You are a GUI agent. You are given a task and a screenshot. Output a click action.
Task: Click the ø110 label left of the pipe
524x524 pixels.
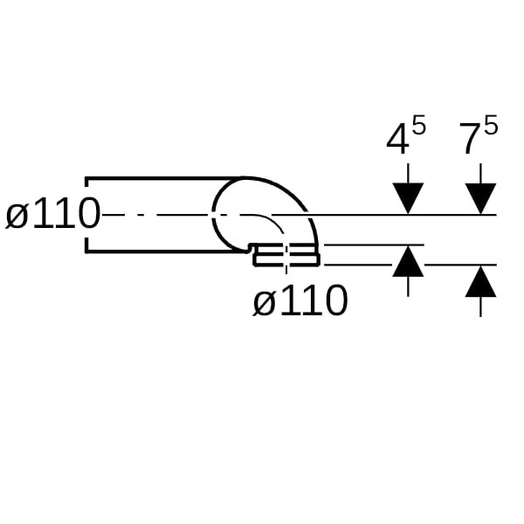point(52,215)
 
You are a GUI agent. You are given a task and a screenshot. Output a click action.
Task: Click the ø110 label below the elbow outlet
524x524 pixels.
point(300,302)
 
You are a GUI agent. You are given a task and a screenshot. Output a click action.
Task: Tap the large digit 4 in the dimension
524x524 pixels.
point(397,140)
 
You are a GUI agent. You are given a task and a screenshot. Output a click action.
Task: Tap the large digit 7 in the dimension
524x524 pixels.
point(469,140)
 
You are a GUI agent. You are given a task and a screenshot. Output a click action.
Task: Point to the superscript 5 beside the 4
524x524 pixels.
point(418,126)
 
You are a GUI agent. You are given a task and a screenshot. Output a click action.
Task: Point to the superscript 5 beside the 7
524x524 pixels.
point(490,126)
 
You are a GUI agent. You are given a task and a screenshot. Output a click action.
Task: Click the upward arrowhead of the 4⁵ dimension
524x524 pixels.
point(408,262)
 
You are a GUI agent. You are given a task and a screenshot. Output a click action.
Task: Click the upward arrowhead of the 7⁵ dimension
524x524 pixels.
point(480,282)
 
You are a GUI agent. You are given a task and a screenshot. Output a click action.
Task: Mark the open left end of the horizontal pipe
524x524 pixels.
point(86,215)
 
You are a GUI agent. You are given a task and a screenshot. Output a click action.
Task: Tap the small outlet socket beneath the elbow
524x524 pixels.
point(286,257)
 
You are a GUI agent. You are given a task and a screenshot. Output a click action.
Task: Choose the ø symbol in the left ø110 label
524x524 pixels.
point(17,216)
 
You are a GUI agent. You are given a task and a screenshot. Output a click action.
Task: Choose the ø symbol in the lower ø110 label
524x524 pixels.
point(265,303)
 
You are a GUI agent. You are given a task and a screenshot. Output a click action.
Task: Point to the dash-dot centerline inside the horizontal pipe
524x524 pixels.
point(157,215)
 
